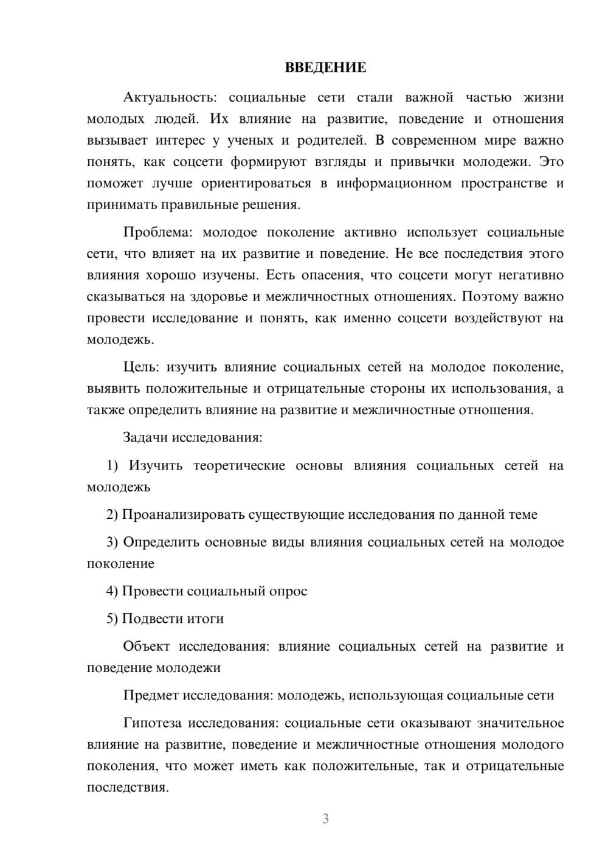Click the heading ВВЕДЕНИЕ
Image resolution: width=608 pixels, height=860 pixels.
click(325, 68)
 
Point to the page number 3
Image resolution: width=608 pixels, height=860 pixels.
click(325, 819)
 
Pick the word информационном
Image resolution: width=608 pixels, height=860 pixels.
click(394, 183)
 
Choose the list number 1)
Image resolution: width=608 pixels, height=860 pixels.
click(112, 465)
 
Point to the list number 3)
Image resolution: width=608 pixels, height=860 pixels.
click(112, 542)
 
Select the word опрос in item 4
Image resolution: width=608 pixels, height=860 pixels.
click(288, 591)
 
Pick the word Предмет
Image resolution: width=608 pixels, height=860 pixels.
click(151, 695)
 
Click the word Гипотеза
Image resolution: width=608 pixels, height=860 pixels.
click(153, 723)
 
